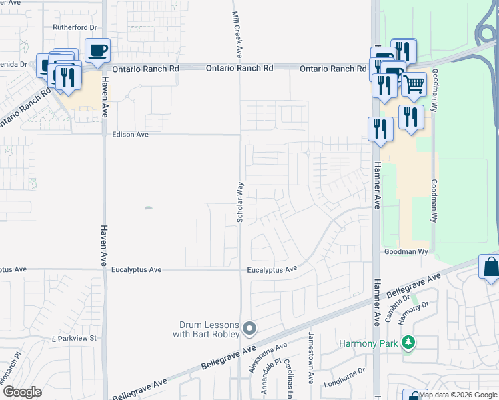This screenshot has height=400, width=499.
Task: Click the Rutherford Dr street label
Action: click(x=75, y=27)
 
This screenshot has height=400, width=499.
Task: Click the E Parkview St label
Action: click(x=74, y=339)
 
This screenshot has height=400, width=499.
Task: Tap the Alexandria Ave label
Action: click(x=267, y=358)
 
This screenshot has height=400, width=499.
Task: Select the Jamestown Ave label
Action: click(x=311, y=357)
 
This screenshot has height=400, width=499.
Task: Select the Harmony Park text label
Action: click(x=368, y=344)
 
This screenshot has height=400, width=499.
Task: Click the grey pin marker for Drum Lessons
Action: click(x=249, y=328)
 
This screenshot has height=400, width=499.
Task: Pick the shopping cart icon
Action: click(x=414, y=85)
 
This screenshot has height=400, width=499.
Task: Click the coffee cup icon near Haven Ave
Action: click(x=97, y=50)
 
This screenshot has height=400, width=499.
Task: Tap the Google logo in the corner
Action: click(x=21, y=391)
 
